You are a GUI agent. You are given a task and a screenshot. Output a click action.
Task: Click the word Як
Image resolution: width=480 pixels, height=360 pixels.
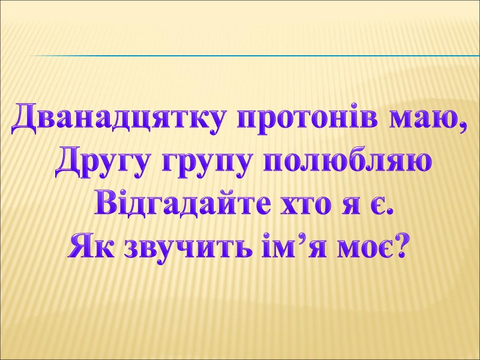[94, 245]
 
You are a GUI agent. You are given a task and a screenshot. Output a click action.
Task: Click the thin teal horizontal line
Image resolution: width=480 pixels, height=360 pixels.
[252, 56]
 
